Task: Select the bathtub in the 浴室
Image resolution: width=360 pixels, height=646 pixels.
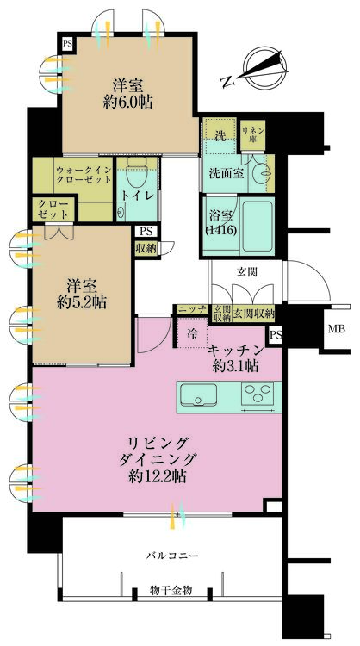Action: tap(258, 226)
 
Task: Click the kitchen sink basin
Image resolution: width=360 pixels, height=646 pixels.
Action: tap(199, 394)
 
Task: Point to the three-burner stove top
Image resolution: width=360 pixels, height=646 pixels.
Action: tap(258, 394)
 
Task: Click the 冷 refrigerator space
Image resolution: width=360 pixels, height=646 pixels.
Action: tap(192, 332)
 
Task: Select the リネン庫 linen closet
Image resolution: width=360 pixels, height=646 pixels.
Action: tap(253, 134)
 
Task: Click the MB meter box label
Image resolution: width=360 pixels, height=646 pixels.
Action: tap(336, 329)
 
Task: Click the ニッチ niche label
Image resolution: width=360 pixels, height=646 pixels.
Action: tap(191, 309)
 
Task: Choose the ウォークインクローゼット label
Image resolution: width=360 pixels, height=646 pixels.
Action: tap(84, 175)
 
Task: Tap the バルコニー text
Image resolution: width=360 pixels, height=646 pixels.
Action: tap(173, 556)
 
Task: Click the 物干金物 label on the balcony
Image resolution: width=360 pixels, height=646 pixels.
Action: tap(171, 590)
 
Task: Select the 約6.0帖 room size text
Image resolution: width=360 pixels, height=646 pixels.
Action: tap(127, 102)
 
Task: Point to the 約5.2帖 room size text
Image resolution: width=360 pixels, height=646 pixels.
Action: tap(82, 303)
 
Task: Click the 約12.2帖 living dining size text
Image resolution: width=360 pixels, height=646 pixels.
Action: tap(157, 476)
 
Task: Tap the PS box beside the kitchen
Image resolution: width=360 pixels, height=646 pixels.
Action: tap(276, 335)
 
